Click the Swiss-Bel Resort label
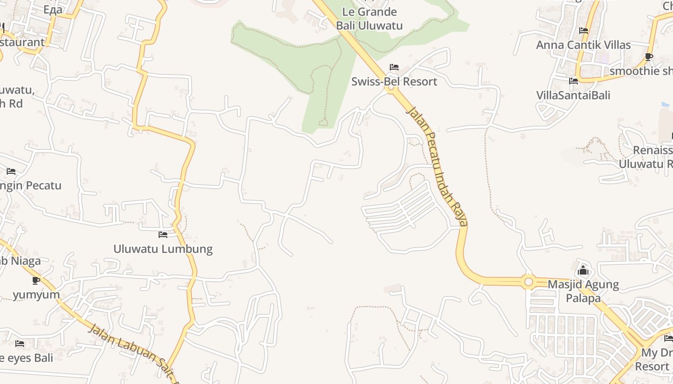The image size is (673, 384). (x=394, y=82)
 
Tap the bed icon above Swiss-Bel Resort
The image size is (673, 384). (x=394, y=67)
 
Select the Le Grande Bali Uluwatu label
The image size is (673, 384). (x=369, y=19)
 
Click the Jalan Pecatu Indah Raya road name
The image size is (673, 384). (x=437, y=166)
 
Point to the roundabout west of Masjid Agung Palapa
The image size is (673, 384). (x=529, y=282)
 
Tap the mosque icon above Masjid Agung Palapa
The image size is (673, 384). (x=583, y=270)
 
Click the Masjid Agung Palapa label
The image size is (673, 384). (x=583, y=291)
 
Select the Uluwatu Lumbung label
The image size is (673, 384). (x=163, y=249)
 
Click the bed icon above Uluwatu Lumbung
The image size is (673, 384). (x=163, y=235)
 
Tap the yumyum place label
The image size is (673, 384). (x=36, y=295)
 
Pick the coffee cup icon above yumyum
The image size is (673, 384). (x=36, y=280)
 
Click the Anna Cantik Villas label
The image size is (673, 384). (x=583, y=45)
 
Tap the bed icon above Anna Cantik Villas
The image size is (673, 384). (x=584, y=31)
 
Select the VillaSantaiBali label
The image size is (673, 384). (x=573, y=96)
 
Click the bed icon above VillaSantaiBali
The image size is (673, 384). (x=573, y=81)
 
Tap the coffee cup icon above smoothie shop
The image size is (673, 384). (x=648, y=57)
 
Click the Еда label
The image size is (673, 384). (x=53, y=10)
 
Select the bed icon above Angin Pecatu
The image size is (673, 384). (x=11, y=171)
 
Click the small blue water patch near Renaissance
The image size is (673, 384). (x=665, y=104)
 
